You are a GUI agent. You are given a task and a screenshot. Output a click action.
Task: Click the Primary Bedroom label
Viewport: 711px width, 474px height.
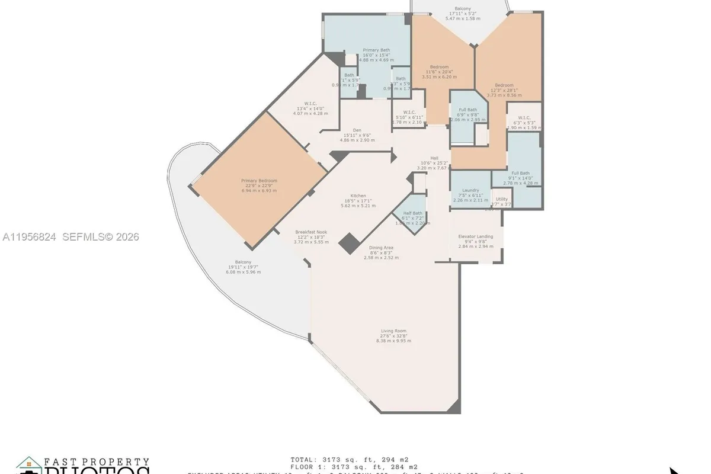pyautogui.click(x=259, y=181)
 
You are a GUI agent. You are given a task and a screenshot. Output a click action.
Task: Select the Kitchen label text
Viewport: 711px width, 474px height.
pyautogui.click(x=358, y=196)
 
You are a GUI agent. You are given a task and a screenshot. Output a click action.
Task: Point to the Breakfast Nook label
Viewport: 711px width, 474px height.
pyautogui.click(x=311, y=232)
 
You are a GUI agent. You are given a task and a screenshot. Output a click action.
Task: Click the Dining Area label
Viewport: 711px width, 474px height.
pyautogui.click(x=381, y=248)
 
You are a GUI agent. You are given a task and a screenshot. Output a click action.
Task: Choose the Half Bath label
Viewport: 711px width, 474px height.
pyautogui.click(x=412, y=213)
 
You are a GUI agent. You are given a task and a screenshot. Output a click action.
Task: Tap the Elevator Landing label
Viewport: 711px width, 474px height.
pyautogui.click(x=476, y=236)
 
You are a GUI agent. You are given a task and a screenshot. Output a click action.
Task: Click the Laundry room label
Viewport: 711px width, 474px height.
pyautogui.click(x=470, y=191)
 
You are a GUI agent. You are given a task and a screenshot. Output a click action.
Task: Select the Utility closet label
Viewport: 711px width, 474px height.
pyautogui.click(x=502, y=200)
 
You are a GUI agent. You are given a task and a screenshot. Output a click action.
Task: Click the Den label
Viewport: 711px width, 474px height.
pyautogui.click(x=357, y=130)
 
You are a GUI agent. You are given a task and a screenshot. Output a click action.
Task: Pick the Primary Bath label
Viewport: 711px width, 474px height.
pyautogui.click(x=376, y=50)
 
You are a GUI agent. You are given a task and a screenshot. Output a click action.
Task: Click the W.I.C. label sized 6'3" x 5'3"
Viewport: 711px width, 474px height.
pyautogui.click(x=524, y=117)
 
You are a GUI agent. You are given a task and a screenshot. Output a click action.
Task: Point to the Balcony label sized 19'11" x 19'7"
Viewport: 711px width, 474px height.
pyautogui.click(x=243, y=262)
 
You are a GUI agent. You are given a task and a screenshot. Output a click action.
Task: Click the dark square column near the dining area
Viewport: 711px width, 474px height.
pyautogui.click(x=348, y=244)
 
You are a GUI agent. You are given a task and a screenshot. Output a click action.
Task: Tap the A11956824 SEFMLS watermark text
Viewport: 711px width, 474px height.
pyautogui.click(x=71, y=237)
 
